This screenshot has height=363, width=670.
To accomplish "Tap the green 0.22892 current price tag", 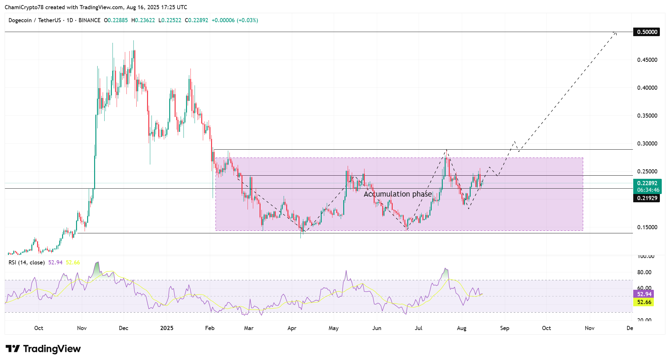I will point(647,183).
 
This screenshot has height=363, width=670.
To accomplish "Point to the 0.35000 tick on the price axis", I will point(647,116).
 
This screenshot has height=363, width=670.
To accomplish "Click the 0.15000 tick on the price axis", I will point(647,227).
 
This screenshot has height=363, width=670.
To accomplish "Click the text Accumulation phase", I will point(397,194).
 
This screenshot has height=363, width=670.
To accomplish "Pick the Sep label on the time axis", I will point(505,328).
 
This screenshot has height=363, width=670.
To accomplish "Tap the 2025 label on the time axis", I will point(167,328).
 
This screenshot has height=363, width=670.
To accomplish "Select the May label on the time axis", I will point(333,328).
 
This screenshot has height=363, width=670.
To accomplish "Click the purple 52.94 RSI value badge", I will point(644,294).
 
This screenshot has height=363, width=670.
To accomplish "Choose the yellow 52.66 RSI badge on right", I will point(644,302).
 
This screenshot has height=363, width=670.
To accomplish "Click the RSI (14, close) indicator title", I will point(26,263).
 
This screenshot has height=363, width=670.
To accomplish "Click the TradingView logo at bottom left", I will point(43,349).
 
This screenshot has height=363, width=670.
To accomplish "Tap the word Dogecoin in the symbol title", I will point(20,20).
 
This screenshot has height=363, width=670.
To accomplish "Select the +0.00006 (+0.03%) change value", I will point(235,20).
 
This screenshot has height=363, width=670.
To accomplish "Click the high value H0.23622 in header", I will point(143,20).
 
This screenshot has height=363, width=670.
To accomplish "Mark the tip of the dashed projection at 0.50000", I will point(616,32).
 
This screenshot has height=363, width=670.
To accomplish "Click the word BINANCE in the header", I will point(89,20).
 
